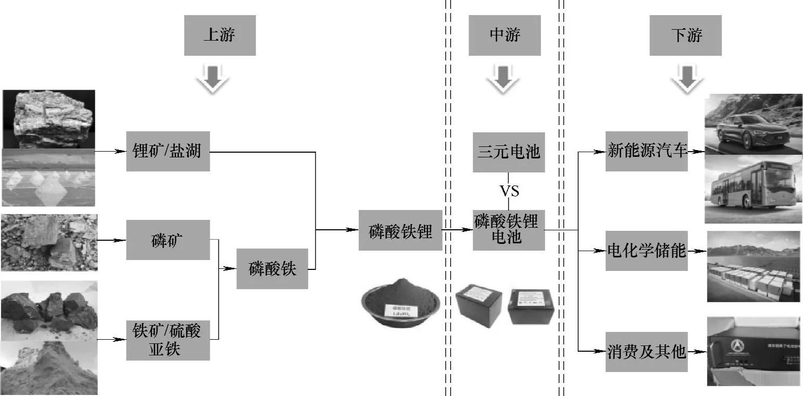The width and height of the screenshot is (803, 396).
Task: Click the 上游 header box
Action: pos(220,35)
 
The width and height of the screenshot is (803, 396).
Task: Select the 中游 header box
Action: pos(504,35)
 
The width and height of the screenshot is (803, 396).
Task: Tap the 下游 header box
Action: pos(685,35)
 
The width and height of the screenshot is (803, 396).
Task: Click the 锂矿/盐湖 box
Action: pos(168,152)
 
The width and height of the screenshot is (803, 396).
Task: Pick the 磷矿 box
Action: pos(168,240)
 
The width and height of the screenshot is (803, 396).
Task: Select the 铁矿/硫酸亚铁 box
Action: pos(168,340)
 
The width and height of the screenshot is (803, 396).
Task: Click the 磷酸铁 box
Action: pos(272,269)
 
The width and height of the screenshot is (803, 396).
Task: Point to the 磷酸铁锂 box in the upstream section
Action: pos(400,230)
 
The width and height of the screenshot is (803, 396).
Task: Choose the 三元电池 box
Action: pos(508,152)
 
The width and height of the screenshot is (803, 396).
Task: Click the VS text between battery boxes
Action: pos(509,191)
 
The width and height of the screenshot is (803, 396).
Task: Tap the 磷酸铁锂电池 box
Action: pos(508,230)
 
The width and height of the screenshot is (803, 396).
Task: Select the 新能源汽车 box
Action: pos(647,152)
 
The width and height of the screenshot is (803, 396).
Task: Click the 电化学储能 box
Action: pos(647,251)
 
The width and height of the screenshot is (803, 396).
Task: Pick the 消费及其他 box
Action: pos(647,352)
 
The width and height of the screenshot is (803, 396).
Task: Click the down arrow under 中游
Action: pos(503,79)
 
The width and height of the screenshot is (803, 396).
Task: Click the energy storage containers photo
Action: pos(753,267)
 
